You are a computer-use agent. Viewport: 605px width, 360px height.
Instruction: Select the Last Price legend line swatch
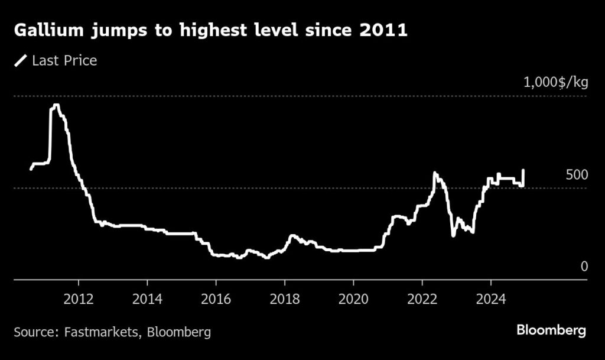point(21,60)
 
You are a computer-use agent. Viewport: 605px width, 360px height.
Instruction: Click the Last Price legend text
point(64,60)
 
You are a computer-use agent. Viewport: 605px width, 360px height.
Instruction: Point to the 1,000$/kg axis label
point(556,82)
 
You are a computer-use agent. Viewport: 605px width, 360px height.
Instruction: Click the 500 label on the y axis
point(577,175)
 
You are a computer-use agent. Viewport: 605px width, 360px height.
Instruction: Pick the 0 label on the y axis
point(584,267)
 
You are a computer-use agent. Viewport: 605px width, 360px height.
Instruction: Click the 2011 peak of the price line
point(56,106)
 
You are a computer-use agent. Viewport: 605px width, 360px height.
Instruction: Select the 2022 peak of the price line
point(435,173)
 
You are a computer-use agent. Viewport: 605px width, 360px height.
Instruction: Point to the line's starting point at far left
point(31,169)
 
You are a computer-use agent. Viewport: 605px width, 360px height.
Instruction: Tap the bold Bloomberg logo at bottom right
point(551,330)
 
